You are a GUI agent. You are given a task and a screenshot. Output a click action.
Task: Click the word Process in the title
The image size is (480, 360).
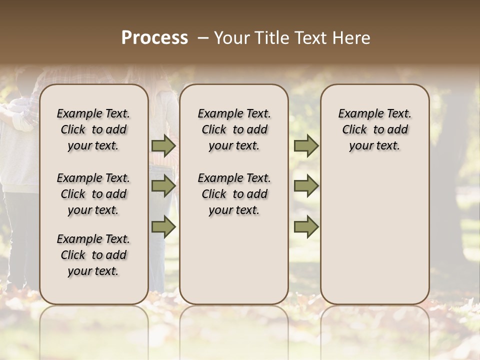pos(154,38)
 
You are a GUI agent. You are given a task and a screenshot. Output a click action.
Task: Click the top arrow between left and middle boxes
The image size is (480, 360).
pos(163,146)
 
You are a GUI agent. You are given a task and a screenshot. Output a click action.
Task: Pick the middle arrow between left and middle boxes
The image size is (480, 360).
pos(163,186)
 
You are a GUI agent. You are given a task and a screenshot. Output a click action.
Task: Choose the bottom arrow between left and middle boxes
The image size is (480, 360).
pos(163,227)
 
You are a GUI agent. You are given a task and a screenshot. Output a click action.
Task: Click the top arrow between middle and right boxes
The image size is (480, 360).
pos(306,146)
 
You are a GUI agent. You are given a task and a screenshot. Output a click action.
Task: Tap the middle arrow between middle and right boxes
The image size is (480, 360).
pos(306,186)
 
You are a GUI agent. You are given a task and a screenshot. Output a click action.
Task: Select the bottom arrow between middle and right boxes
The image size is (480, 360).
pos(306,227)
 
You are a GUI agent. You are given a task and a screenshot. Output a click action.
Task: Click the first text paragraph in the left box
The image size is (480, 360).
pos(93,129)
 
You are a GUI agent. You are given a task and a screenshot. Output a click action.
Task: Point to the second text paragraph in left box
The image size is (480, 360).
pos(93,194)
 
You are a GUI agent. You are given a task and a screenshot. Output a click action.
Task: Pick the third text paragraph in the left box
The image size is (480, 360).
pos(93,255)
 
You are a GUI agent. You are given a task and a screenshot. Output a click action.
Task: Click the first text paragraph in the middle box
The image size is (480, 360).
pos(234,129)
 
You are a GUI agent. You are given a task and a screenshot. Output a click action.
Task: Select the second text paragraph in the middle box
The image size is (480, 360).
pos(234,194)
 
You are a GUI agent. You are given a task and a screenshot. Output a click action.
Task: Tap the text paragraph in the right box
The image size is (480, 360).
pos(374,129)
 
